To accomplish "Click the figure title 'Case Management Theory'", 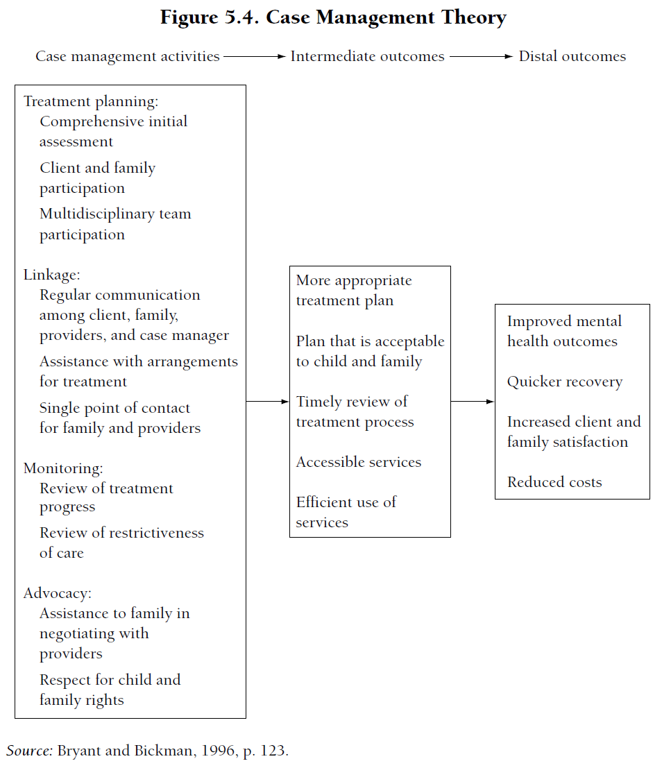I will click(386, 17).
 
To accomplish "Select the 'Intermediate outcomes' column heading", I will click(367, 57).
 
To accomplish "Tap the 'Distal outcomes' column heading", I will click(572, 57).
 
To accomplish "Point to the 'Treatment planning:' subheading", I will click(91, 101).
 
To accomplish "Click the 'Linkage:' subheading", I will click(52, 274).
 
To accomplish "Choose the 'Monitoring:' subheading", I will click(63, 468).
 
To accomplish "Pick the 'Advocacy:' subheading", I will click(58, 593).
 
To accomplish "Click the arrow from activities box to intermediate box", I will click(267, 401).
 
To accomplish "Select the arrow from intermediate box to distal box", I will click(473, 401).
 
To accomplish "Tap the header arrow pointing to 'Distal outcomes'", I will click(481, 57).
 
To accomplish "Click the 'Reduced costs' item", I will click(554, 482).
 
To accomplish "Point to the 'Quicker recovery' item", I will click(565, 382).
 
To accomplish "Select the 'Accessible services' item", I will click(359, 462).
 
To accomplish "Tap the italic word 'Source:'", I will click(30, 751).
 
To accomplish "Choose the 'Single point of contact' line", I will click(114, 408).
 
